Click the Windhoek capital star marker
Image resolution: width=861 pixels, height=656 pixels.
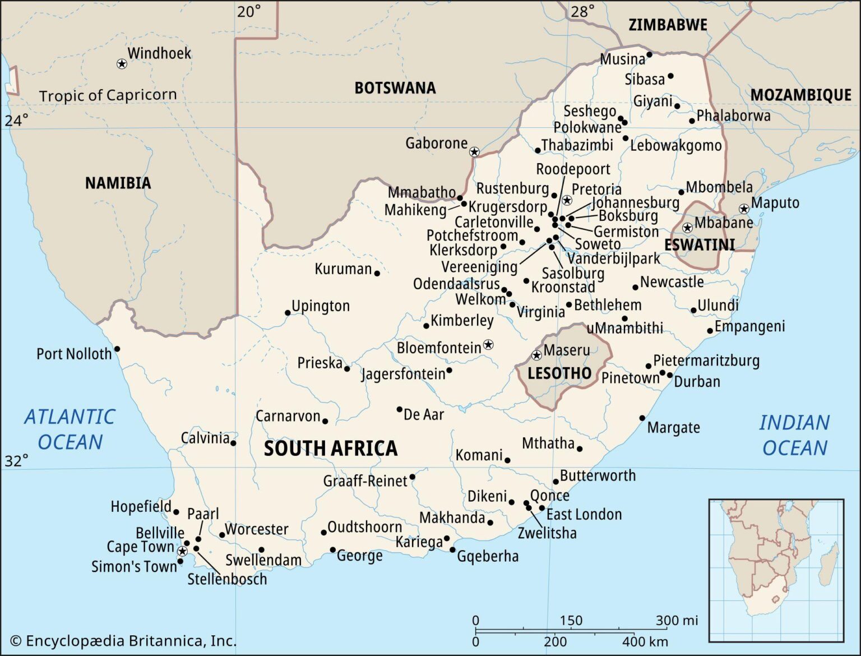(122, 64)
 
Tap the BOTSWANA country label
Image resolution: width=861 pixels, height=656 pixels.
(395, 88)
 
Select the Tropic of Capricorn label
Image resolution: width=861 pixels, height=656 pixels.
(108, 95)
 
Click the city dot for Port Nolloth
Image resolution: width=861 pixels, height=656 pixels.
(117, 349)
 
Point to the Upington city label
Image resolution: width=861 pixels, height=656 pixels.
(321, 306)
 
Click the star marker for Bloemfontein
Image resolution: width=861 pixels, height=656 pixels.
(488, 344)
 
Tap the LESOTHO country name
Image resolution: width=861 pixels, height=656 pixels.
(559, 373)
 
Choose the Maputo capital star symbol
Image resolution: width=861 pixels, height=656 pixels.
(744, 209)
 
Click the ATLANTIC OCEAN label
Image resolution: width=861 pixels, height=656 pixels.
(70, 429)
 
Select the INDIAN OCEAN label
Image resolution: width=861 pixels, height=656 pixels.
(794, 435)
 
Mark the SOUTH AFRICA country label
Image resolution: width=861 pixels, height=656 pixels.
(331, 448)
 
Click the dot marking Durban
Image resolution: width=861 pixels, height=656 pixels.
(670, 375)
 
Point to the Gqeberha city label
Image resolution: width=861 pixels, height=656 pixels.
(488, 556)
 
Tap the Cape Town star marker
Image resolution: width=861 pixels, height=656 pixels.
(182, 551)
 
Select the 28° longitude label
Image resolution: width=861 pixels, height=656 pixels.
(583, 11)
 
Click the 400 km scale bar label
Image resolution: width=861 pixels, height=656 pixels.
(645, 641)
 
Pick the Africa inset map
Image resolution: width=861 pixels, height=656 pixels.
(776, 569)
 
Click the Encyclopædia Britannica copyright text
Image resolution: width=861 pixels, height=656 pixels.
(123, 640)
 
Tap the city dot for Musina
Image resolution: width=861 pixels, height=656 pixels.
(649, 54)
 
